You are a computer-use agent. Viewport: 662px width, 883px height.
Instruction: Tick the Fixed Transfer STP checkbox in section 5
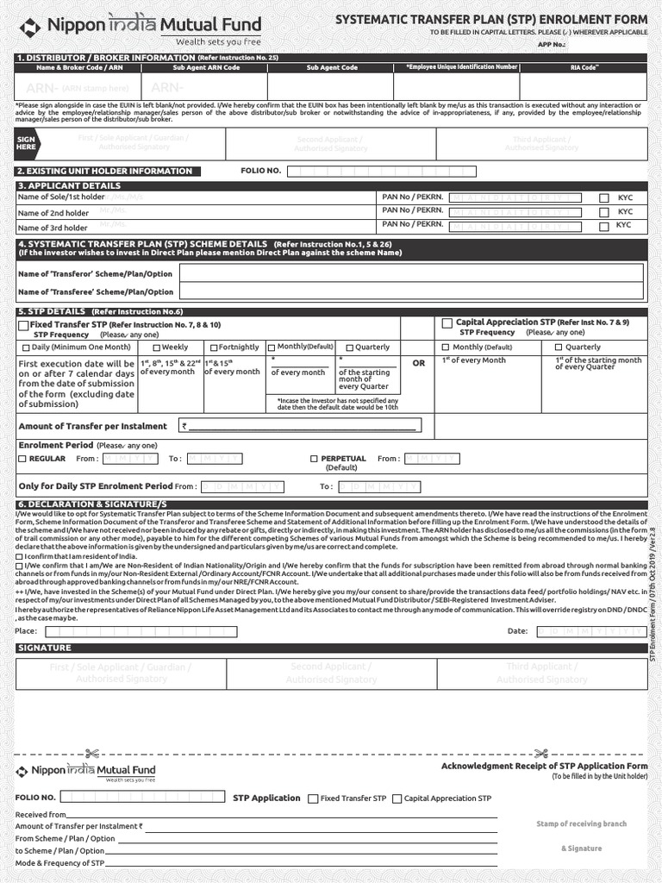(23, 325)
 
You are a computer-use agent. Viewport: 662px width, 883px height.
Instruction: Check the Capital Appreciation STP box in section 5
(447, 323)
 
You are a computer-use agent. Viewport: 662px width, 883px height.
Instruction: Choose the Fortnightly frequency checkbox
(213, 348)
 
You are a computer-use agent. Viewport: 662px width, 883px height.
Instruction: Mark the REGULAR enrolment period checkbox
(22, 459)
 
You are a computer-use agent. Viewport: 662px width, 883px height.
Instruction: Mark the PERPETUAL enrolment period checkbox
(314, 459)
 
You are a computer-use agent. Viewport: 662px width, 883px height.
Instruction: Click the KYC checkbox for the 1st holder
(604, 197)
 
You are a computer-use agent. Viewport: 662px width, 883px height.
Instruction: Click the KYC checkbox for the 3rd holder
(604, 226)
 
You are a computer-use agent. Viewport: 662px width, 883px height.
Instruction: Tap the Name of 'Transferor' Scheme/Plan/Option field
(410, 273)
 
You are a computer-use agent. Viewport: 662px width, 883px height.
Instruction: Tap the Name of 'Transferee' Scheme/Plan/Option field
(410, 292)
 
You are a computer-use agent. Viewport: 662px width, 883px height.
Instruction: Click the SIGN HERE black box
(27, 143)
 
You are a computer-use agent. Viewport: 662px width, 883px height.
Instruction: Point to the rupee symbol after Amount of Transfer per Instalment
(184, 426)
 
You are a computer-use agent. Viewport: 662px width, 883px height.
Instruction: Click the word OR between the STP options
(419, 363)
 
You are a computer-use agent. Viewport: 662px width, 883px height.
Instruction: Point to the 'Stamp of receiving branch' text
(581, 824)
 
